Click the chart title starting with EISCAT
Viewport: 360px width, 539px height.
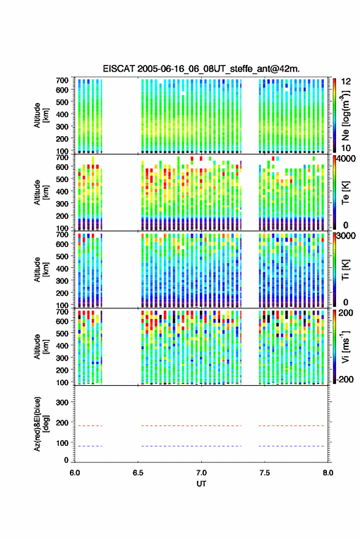201,69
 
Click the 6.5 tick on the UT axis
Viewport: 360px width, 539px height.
138,473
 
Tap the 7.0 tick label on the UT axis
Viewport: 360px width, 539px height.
201,473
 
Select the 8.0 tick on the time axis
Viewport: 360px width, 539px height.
327,473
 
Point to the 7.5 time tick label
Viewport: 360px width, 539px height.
264,473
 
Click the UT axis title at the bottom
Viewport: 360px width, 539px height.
201,484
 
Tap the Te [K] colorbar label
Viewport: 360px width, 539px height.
345,193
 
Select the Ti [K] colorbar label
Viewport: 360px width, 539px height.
345,270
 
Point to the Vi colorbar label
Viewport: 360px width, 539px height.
345,346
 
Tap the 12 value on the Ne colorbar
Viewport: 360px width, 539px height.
346,82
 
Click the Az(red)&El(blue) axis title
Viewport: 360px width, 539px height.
41,424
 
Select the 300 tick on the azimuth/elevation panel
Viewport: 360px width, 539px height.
62,402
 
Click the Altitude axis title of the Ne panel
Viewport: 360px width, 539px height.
41,115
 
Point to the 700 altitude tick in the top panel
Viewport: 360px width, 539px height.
62,80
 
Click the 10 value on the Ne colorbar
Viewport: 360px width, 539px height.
346,148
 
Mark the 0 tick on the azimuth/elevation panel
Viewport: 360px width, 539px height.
66,460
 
